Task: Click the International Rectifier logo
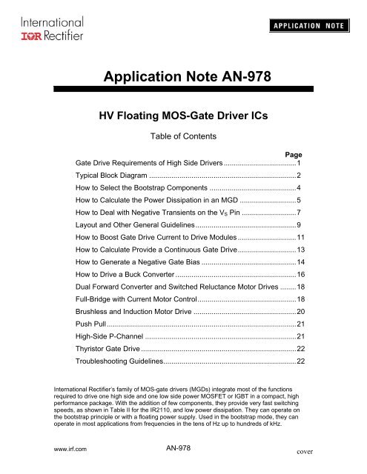pyautogui.click(x=47, y=27)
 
